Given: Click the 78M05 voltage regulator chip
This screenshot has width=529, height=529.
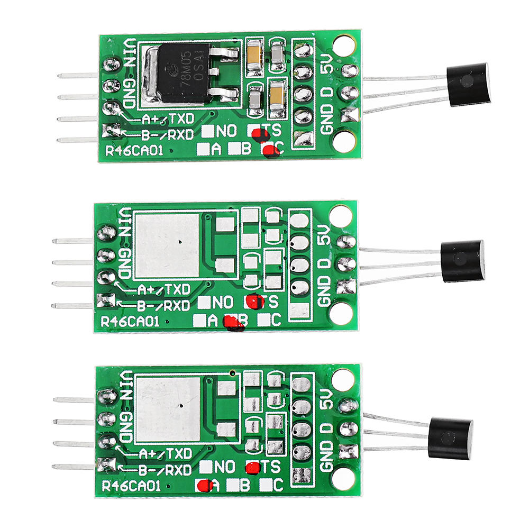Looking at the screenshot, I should click(183, 73).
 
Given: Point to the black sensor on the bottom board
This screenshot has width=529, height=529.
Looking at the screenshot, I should click(451, 437).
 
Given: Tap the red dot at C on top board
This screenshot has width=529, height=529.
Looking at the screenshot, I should click(271, 151).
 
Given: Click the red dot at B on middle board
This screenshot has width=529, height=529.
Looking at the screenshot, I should click(233, 322).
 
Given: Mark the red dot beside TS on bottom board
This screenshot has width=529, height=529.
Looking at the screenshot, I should click(253, 467).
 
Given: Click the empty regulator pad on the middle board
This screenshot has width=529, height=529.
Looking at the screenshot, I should click(167, 246).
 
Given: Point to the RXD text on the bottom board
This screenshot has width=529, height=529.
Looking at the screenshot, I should click(177, 469).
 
